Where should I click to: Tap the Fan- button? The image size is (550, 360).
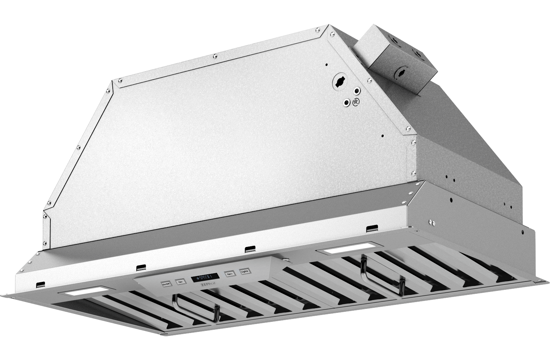click(179, 282)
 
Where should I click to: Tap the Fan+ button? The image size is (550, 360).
click(229, 274)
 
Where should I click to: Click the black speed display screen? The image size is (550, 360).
click(204, 277)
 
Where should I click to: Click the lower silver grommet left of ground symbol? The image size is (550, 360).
click(347, 103)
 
